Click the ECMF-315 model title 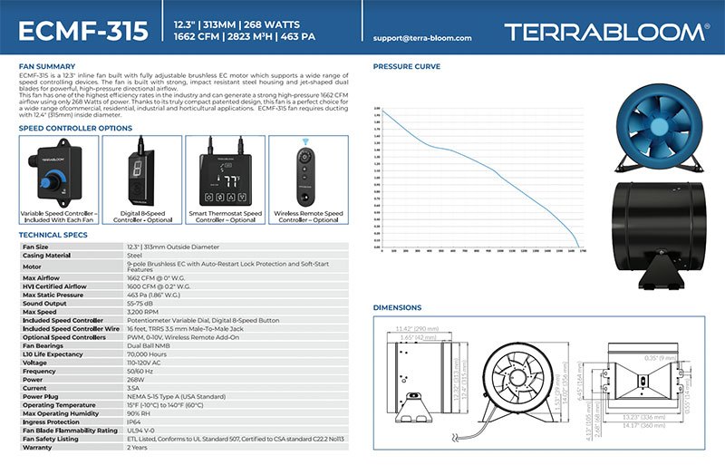pos(82,31)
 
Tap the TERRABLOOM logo pos(606,31)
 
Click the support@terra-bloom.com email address pos(423,38)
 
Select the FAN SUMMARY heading pos(46,66)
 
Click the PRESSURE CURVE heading pos(407,66)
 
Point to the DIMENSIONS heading pos(397,307)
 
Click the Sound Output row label pos(45,303)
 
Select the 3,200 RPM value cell pos(144,311)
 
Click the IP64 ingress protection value pos(135,421)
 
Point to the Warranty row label pos(37,446)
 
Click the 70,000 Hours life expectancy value pos(147,354)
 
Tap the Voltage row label pos(35,362)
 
